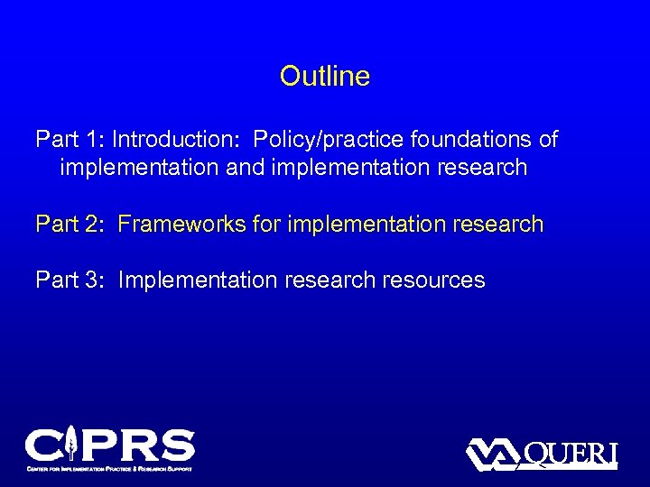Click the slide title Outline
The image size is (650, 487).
click(x=325, y=76)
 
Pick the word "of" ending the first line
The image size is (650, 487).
click(x=547, y=140)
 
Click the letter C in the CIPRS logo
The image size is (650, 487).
click(x=43, y=446)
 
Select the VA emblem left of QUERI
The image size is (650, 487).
click(x=493, y=454)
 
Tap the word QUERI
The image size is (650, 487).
click(x=571, y=453)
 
